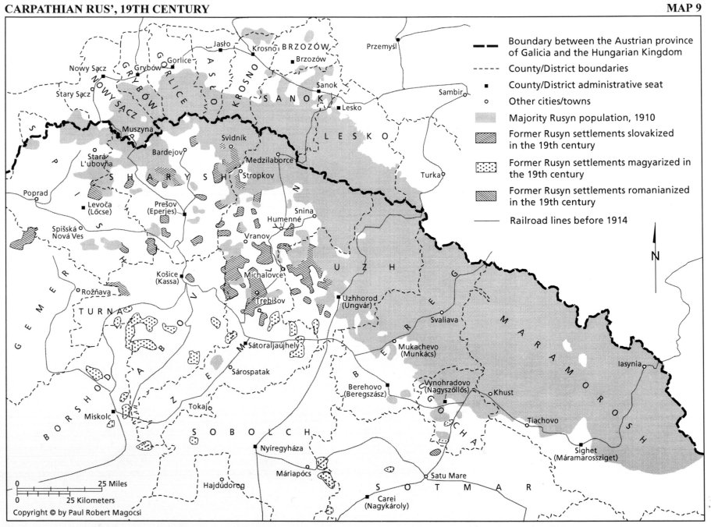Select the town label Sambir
pos(450,93)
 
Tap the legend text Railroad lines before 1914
pos(567,221)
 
